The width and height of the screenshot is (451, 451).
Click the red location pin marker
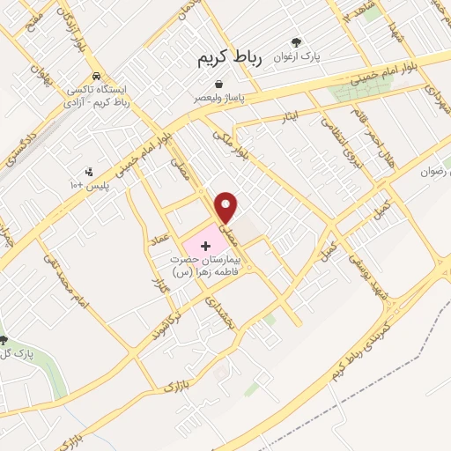point(227,206)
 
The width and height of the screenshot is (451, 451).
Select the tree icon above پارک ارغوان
point(295,41)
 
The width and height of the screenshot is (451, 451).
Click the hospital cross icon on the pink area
point(206,243)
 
